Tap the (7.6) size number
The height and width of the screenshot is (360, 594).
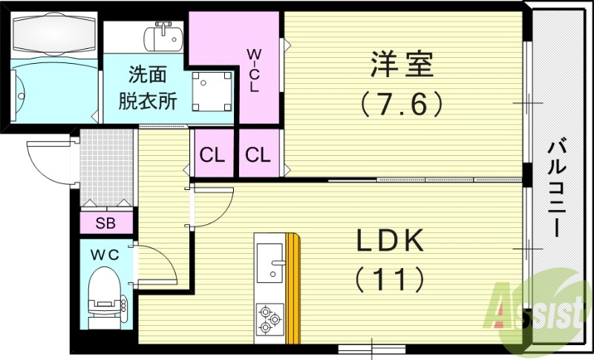point(402,102)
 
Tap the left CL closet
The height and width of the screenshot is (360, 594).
point(212,155)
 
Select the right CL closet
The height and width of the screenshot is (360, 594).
point(258,155)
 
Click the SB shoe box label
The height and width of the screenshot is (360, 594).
point(105,223)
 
